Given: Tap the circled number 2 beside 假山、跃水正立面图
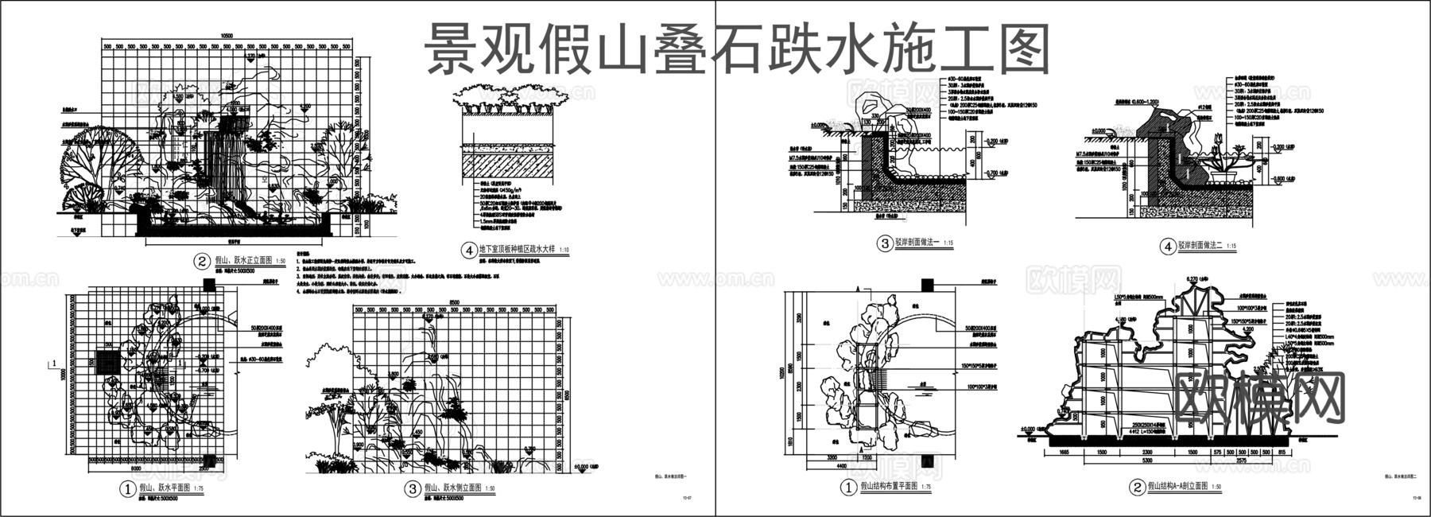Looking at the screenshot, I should point(201,261).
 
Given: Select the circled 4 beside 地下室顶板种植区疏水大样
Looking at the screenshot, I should point(468,250).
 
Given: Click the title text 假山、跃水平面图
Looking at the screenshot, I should point(165,488).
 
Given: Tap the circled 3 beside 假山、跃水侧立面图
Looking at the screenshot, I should point(412,489).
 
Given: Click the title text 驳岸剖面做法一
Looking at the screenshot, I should point(917,244).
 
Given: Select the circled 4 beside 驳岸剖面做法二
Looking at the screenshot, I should point(1167,247).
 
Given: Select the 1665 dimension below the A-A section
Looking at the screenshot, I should point(1068,451).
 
